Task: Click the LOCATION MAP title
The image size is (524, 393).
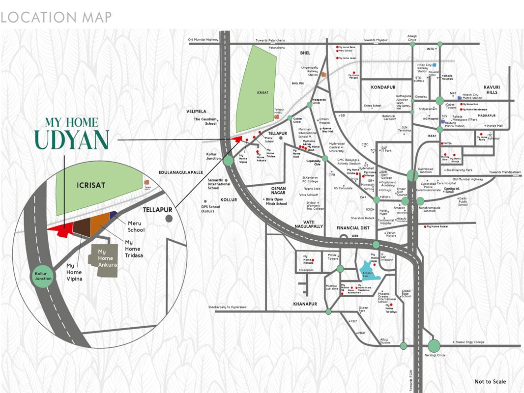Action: [x=56, y=18]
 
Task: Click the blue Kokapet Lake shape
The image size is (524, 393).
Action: [x=370, y=272]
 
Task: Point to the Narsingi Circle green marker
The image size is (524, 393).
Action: [x=434, y=346]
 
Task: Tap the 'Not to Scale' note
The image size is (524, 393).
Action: [x=490, y=382]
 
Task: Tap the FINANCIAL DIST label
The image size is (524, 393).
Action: [x=352, y=228]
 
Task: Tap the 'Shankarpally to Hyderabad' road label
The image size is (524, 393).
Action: [x=227, y=307]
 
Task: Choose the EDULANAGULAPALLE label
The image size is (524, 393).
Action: [x=181, y=173]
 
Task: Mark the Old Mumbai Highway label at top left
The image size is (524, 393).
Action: [x=203, y=40]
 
